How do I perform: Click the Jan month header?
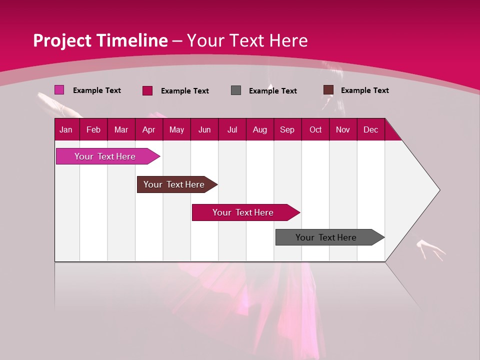point(66,129)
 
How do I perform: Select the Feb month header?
point(93,129)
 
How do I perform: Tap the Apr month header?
point(148,129)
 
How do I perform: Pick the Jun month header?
point(204,129)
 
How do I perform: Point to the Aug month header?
point(259,129)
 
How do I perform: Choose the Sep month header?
point(287,129)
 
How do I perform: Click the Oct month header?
point(315,129)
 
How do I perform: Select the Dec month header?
point(370,129)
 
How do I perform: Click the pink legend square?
point(59,90)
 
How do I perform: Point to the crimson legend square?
point(147,90)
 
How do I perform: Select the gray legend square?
point(236,90)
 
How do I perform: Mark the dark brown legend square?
point(328,90)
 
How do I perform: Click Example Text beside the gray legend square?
point(272,90)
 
